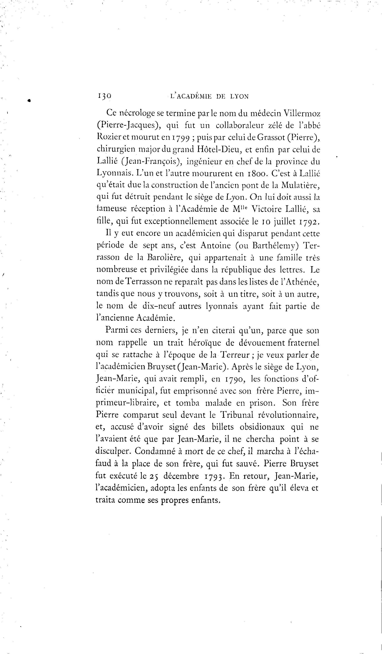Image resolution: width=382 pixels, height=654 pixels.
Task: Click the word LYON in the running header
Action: (239, 97)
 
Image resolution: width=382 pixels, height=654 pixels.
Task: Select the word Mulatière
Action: (301, 185)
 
